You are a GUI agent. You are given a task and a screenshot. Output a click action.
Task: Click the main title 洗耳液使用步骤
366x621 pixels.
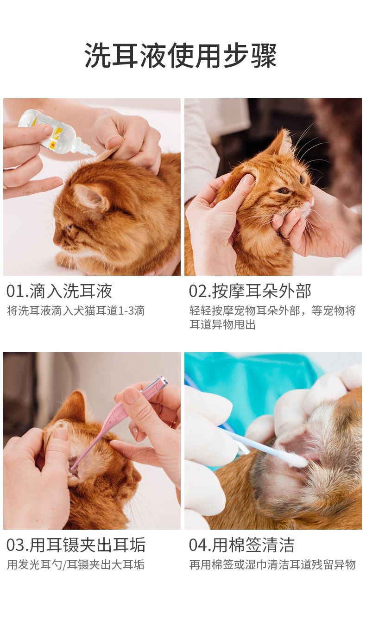click(181, 55)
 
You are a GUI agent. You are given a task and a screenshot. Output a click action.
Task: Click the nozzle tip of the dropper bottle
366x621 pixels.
click(94, 153)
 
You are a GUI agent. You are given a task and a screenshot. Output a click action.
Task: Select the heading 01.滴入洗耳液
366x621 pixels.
click(59, 291)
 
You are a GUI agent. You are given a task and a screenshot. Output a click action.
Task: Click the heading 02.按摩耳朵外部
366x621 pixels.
click(250, 291)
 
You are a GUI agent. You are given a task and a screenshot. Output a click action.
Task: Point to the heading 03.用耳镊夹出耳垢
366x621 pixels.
click(76, 545)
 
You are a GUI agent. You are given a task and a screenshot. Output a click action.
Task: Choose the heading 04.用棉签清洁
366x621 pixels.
click(241, 545)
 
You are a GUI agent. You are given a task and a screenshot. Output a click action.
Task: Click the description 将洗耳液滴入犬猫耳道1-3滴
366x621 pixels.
click(76, 311)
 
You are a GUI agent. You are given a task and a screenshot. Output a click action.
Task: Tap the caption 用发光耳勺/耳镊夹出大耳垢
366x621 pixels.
click(76, 564)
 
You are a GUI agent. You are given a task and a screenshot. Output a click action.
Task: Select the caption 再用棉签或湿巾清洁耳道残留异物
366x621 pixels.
click(272, 564)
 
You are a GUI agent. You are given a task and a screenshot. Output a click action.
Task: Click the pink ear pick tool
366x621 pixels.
click(116, 421)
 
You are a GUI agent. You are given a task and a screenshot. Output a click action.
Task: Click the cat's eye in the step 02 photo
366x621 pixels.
click(283, 190)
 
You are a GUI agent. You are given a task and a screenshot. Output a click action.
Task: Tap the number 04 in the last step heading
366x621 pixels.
click(198, 545)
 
